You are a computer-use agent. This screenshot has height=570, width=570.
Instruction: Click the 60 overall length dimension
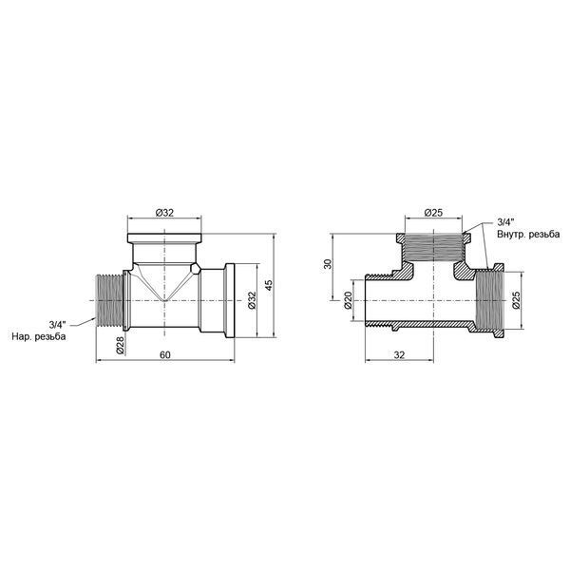pyautogui.click(x=164, y=354)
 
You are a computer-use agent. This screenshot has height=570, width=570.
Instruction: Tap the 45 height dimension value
pyautogui.click(x=269, y=285)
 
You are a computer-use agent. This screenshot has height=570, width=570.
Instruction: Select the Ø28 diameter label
pyautogui.click(x=121, y=345)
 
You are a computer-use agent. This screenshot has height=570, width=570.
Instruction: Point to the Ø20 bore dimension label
pyautogui.click(x=347, y=300)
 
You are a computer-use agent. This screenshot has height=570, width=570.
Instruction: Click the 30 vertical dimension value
pyautogui.click(x=329, y=264)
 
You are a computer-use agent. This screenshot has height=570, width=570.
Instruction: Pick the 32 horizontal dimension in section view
pyautogui.click(x=399, y=354)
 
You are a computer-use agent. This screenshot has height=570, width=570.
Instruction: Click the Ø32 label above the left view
pyautogui.click(x=164, y=213)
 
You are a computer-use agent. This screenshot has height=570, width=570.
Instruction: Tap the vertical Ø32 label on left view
pyautogui.click(x=252, y=300)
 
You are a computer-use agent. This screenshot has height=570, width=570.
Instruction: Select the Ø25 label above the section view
pyautogui.click(x=434, y=213)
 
